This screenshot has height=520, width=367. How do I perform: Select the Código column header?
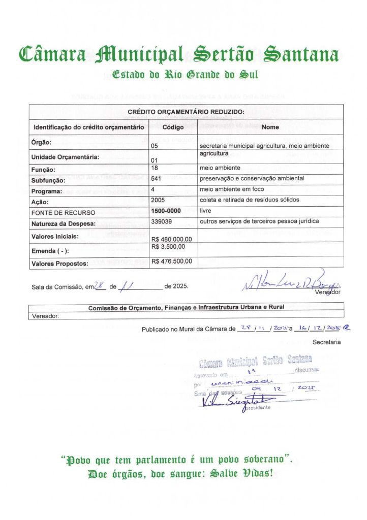[173, 127]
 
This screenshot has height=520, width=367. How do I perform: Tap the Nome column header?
[270, 127]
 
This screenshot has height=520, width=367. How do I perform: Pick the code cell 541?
[156, 178]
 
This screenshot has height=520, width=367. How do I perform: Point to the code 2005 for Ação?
[158, 200]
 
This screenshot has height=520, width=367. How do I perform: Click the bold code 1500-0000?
[166, 210]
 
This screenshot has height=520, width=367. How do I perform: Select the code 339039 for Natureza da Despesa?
[162, 221]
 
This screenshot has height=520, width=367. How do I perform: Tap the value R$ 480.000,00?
[172, 239]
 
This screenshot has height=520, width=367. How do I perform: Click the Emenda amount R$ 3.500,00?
[168, 247]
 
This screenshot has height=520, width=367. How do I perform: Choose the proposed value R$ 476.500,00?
[172, 261]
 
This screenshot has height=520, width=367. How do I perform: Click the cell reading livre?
[206, 210]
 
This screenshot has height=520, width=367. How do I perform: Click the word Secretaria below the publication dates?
[326, 342]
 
